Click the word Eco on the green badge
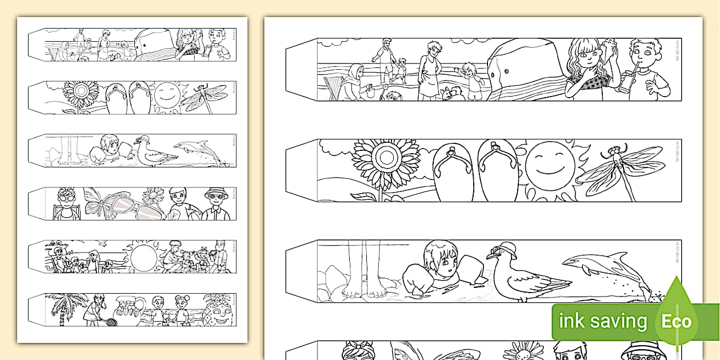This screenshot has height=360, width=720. click(677, 321)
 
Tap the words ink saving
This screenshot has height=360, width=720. click(602, 321)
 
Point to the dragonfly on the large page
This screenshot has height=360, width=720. click(622, 169)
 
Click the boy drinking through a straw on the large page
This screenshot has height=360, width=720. click(647, 71)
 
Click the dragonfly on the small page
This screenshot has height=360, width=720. click(203, 97)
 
